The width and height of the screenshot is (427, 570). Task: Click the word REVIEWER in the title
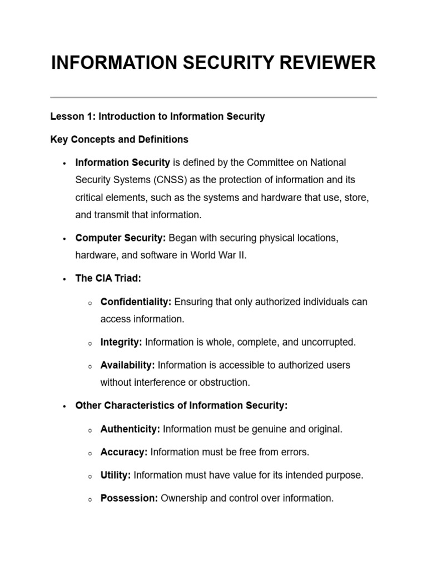coord(327,63)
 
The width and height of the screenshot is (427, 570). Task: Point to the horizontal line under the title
coord(213,97)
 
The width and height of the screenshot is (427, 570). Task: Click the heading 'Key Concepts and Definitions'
coord(119,139)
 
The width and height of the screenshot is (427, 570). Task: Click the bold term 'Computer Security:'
coord(121,238)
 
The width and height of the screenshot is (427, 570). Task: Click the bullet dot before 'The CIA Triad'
coord(64,279)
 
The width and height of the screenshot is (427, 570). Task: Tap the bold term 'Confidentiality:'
coord(136,302)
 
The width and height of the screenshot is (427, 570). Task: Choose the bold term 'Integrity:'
coord(121,342)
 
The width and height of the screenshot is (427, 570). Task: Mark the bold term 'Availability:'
coord(127,365)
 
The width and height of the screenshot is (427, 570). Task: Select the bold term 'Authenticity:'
coord(130,429)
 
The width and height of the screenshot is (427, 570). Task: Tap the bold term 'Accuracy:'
coord(123,452)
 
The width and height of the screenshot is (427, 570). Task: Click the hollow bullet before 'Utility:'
coord(90,476)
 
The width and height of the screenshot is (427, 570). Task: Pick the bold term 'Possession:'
coord(129,498)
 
